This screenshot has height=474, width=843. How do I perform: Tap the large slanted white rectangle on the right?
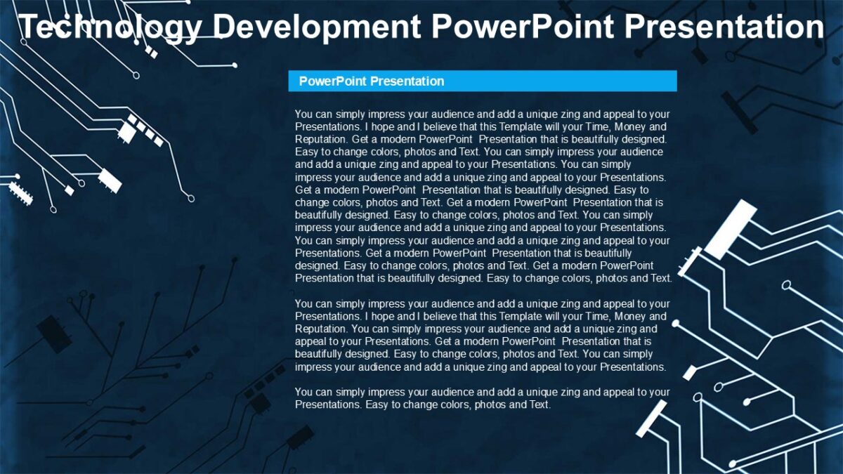[731, 228]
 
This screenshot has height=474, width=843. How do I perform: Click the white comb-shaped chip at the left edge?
[20, 192]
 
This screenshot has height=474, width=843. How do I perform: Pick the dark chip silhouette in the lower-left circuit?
[53, 334]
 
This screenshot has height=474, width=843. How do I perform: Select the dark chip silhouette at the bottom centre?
[300, 437]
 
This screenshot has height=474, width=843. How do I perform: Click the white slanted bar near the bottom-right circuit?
[652, 417]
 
